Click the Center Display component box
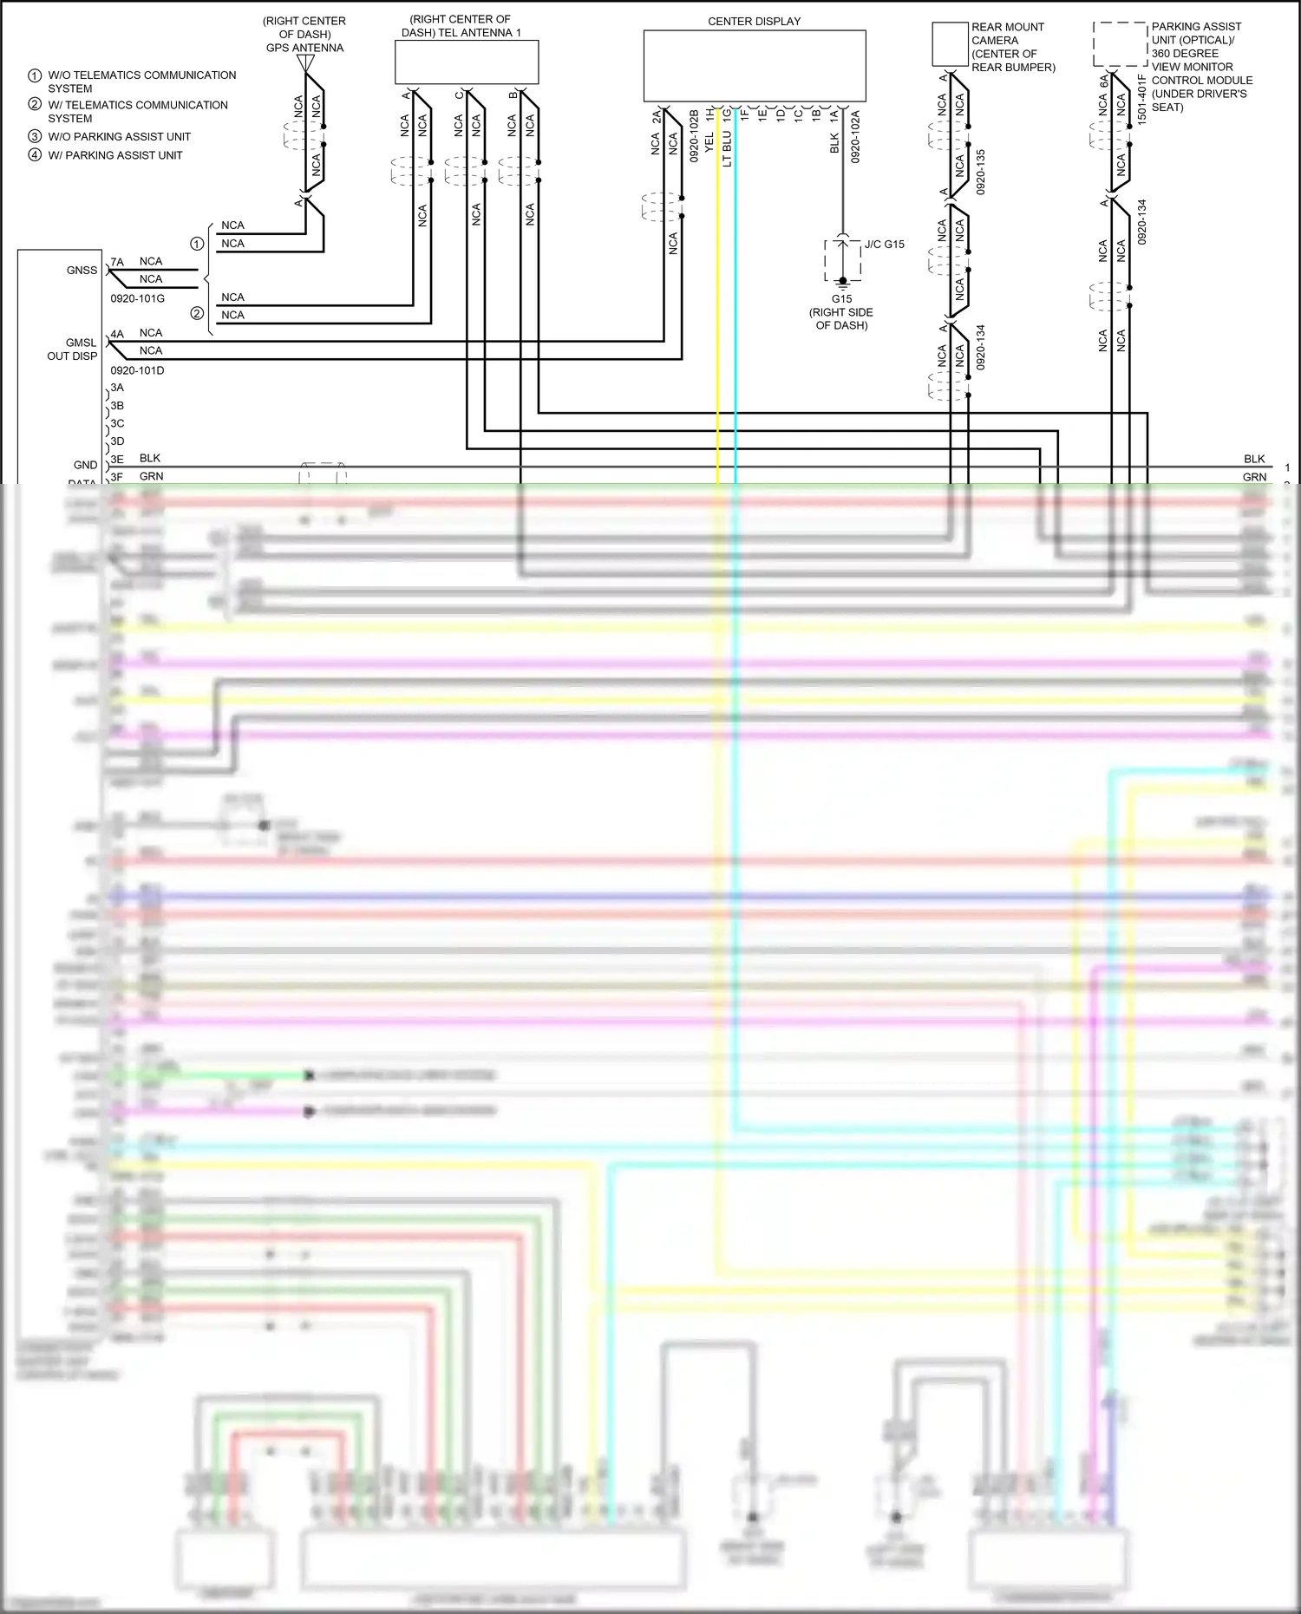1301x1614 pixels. pos(754,66)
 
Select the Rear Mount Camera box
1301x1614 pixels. pos(950,44)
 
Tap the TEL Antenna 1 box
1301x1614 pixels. pos(467,62)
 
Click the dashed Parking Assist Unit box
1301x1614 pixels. pos(1120,44)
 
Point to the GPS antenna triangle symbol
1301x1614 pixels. pos(305,63)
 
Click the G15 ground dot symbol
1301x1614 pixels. pos(842,281)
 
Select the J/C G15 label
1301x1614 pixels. pos(884,245)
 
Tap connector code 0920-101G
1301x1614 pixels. pos(137,298)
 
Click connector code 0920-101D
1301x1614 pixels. pos(137,370)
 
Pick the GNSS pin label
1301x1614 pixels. pos(82,271)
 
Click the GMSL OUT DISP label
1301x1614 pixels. pos(72,350)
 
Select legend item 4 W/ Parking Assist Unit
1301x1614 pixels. pos(114,155)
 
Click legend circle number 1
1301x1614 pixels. pos(35,75)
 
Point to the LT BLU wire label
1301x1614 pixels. pos(727,148)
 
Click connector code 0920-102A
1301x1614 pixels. pos(855,136)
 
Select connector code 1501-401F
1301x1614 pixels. pos(1141,99)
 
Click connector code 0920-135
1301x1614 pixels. pos(981,171)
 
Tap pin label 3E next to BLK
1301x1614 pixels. pos(117,459)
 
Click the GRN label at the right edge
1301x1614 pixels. pos(1254,477)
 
